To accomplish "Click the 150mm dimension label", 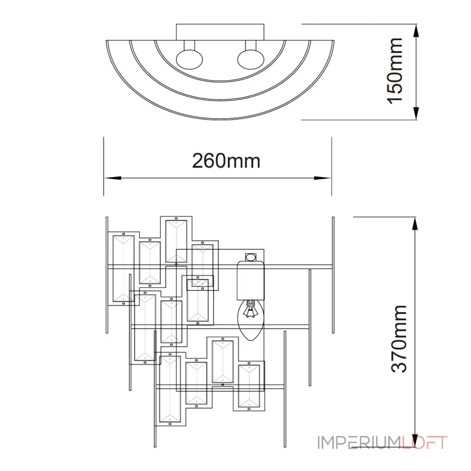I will pos(395,71).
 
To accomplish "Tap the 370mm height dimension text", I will pos(400,338).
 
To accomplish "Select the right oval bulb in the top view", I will pos(249,60).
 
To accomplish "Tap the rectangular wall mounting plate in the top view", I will pos(218,33).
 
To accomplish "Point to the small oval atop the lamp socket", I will pos(251,257).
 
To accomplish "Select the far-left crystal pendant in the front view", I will pos(123,268).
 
